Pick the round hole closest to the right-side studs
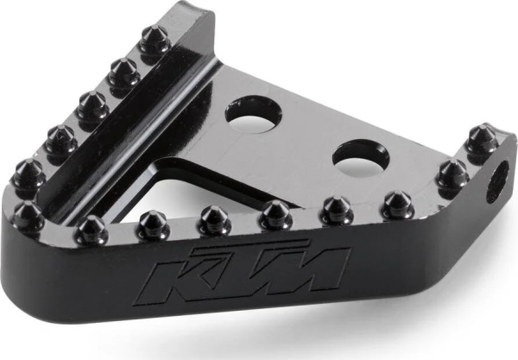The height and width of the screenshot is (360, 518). click(x=357, y=156)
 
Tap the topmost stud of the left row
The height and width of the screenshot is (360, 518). click(x=154, y=40)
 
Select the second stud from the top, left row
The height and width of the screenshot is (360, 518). click(x=123, y=74)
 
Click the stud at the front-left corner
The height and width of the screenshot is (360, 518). click(x=28, y=216)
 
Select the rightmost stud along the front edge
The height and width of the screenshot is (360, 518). click(x=397, y=204)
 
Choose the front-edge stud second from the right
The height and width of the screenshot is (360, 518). click(x=336, y=209)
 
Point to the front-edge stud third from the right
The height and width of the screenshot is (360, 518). click(x=275, y=213)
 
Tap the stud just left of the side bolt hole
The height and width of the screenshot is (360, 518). click(x=451, y=174)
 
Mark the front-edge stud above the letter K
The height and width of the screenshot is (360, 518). click(x=153, y=224)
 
